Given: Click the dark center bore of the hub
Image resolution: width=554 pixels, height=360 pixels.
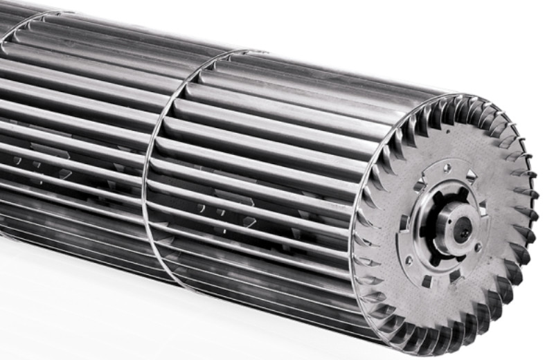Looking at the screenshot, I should (x=461, y=228).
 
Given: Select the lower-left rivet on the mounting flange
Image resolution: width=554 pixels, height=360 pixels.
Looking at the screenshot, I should (x=409, y=261).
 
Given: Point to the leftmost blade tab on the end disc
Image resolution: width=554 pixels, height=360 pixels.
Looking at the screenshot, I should (x=360, y=228).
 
